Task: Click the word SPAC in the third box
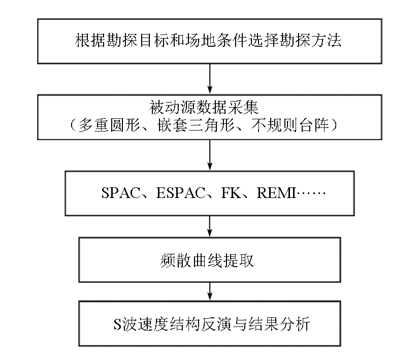click(121, 193)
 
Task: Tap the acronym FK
click(231, 193)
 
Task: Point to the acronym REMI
click(276, 193)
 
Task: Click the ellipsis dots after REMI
click(311, 193)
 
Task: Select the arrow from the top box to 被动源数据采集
click(210, 79)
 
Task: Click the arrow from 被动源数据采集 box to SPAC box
click(210, 155)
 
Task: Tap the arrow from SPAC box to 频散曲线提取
click(210, 226)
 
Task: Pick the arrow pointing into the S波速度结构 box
click(210, 291)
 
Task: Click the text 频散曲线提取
click(207, 260)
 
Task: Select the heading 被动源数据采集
click(204, 108)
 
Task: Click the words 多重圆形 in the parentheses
click(110, 125)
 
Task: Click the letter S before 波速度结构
click(118, 324)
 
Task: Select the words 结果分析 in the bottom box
click(279, 324)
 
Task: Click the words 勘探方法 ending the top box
click(310, 41)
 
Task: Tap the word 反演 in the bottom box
click(216, 324)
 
